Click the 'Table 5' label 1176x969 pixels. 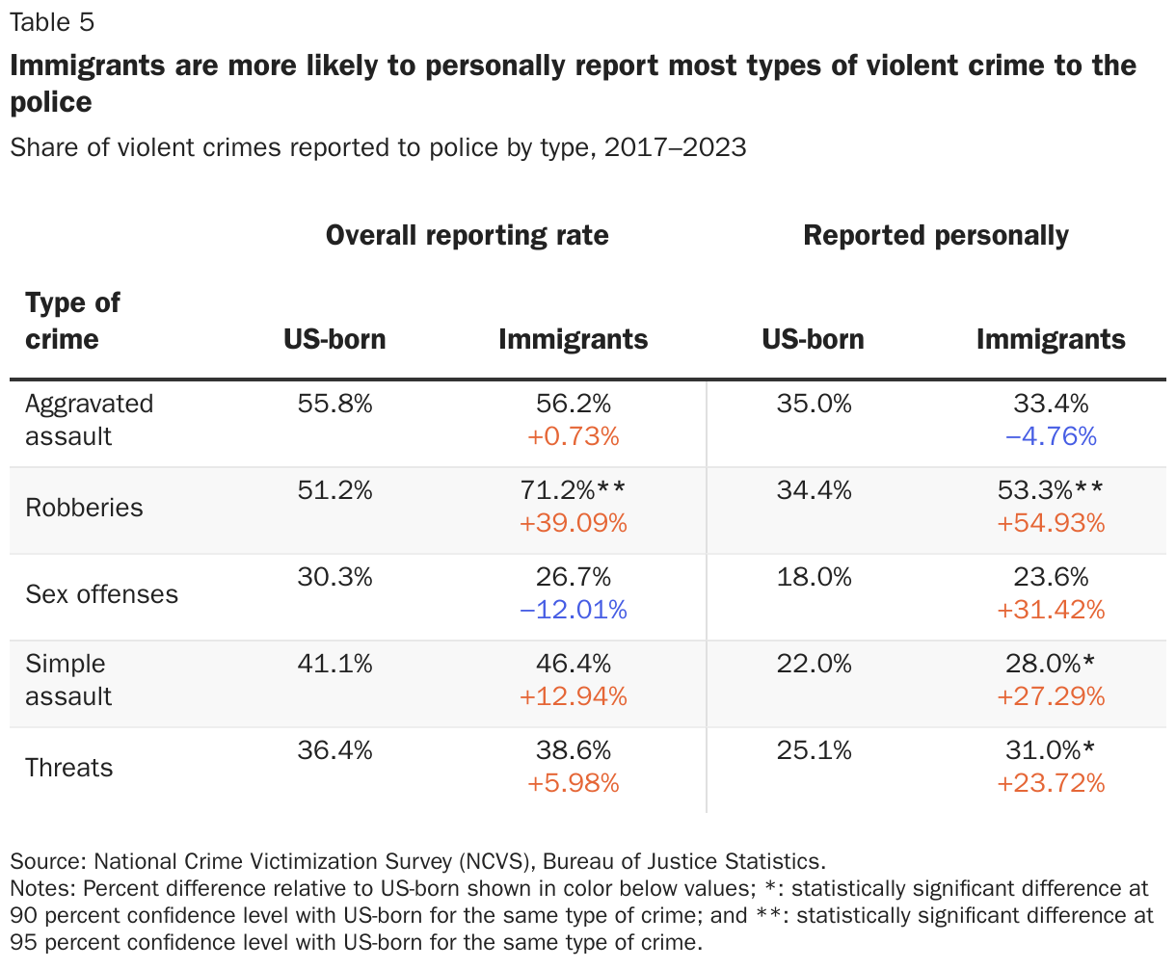tap(53, 21)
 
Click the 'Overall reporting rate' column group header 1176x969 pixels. tap(467, 236)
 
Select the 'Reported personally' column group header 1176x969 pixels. tap(935, 236)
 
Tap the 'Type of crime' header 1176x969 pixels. tap(72, 321)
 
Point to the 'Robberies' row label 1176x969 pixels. tap(84, 508)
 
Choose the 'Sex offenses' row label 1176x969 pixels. tap(101, 594)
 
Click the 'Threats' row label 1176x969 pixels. tap(69, 768)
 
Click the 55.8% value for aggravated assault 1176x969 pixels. tap(334, 404)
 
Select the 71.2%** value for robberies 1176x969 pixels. tap(573, 490)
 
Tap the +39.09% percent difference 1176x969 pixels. tap(573, 523)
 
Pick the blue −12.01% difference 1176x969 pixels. tap(573, 610)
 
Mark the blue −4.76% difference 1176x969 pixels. tap(1051, 436)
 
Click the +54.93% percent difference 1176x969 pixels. tap(1051, 523)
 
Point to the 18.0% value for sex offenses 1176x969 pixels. tap(814, 577)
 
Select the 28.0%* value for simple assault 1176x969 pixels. tap(1051, 664)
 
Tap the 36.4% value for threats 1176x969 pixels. tap(334, 750)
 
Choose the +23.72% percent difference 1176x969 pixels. tap(1051, 783)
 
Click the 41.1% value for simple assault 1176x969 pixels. tap(334, 664)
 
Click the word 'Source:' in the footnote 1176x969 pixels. tap(48, 861)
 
